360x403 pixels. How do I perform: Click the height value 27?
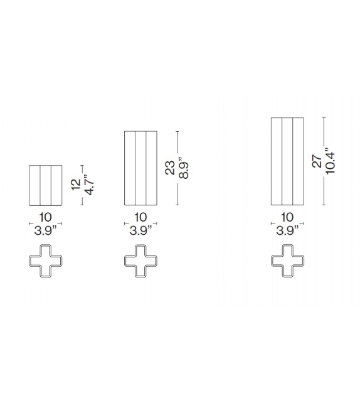pos(317,161)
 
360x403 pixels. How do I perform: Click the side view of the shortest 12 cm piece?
pos(46,185)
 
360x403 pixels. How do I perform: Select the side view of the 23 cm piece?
pos(140,168)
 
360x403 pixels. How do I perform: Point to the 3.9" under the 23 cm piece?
pos(140,230)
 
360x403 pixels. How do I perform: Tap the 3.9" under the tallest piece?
pos(287,230)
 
